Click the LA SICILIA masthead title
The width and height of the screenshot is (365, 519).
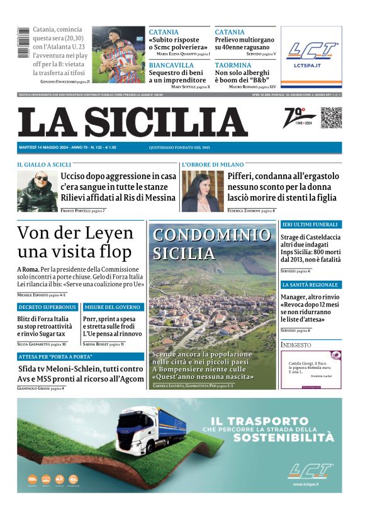[133, 122]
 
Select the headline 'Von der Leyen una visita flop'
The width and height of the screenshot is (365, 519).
[76, 242]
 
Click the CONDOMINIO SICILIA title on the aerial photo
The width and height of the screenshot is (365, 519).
[211, 244]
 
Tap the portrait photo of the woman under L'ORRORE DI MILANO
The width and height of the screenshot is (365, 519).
[198, 191]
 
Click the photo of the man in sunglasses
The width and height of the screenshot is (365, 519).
[37, 191]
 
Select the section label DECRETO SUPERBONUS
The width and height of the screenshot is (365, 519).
[48, 307]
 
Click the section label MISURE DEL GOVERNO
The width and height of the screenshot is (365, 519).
[111, 307]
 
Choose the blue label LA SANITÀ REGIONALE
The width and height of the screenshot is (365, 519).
[310, 285]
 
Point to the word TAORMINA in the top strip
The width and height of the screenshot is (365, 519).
[233, 65]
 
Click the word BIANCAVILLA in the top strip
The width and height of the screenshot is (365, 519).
[171, 65]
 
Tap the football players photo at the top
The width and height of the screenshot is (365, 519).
[118, 54]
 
